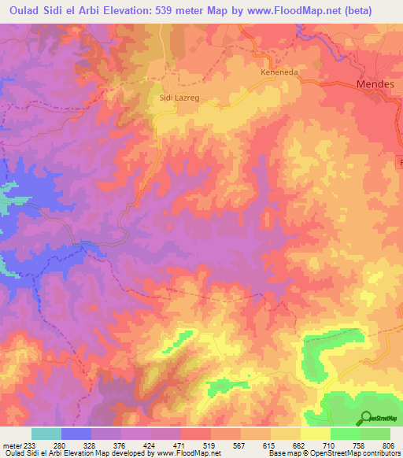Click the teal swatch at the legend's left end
click(x=46, y=434)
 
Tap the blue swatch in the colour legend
click(x=76, y=434)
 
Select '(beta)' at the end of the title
click(x=377, y=10)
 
